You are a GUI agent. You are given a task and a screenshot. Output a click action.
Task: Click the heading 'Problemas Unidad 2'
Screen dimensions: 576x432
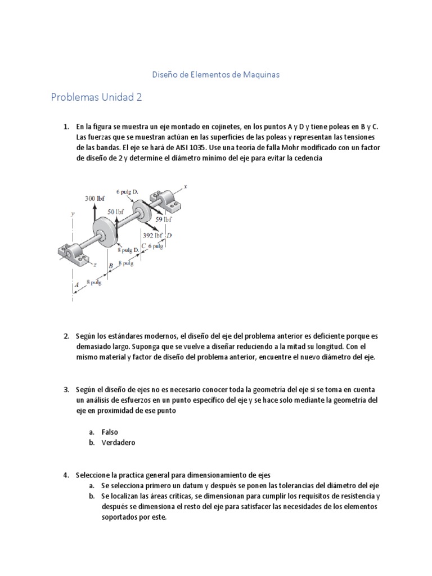(96, 97)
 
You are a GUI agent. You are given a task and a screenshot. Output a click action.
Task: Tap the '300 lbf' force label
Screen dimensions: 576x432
(94, 199)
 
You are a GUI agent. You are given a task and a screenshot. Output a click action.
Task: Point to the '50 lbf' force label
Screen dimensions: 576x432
(115, 211)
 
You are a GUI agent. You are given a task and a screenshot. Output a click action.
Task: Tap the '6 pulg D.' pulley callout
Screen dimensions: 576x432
(127, 191)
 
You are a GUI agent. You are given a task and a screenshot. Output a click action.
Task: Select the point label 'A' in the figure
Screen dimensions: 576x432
(76, 286)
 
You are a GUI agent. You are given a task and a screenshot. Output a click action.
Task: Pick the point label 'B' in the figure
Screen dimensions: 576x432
(111, 265)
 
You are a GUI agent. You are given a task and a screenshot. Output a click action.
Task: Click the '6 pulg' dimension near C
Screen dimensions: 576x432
(156, 246)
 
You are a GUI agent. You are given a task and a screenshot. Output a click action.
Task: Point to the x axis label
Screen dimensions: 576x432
(184, 187)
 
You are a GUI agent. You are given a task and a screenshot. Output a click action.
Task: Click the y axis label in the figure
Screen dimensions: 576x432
(73, 214)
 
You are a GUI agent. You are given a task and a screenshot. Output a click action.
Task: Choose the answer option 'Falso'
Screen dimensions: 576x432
(110, 432)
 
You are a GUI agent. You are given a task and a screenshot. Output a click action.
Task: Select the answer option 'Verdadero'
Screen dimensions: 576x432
(118, 442)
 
